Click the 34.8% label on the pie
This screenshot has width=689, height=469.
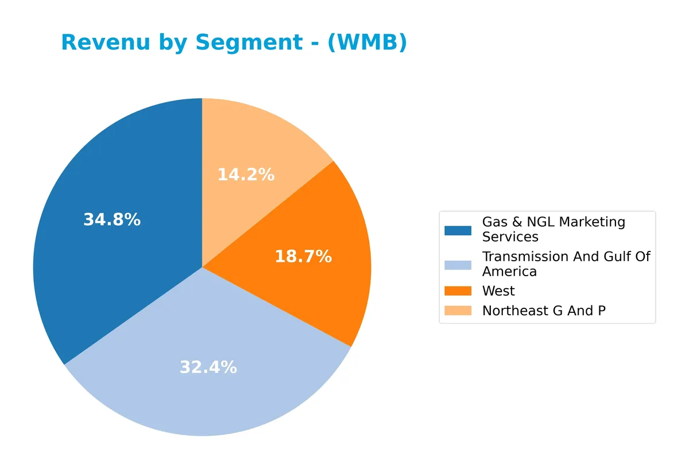pyautogui.click(x=112, y=220)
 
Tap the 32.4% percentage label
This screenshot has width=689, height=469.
pyautogui.click(x=208, y=367)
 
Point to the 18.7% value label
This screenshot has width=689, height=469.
pyautogui.click(x=303, y=257)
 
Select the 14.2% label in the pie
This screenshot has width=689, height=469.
pyautogui.click(x=246, y=175)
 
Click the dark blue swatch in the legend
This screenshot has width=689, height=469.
pyautogui.click(x=458, y=230)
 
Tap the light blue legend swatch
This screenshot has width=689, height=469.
pyautogui.click(x=458, y=264)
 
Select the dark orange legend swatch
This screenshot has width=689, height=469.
pyautogui.click(x=458, y=291)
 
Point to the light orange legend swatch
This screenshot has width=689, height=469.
pyautogui.click(x=458, y=311)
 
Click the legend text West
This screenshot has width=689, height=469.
pyautogui.click(x=498, y=291)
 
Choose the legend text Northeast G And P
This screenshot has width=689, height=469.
pyautogui.click(x=544, y=311)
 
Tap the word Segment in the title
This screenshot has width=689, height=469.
pyautogui.click(x=249, y=42)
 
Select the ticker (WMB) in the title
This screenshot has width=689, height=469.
pyautogui.click(x=367, y=42)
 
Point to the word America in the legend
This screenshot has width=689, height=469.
pyautogui.click(x=509, y=272)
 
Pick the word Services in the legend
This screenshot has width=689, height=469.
pyautogui.click(x=510, y=237)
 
